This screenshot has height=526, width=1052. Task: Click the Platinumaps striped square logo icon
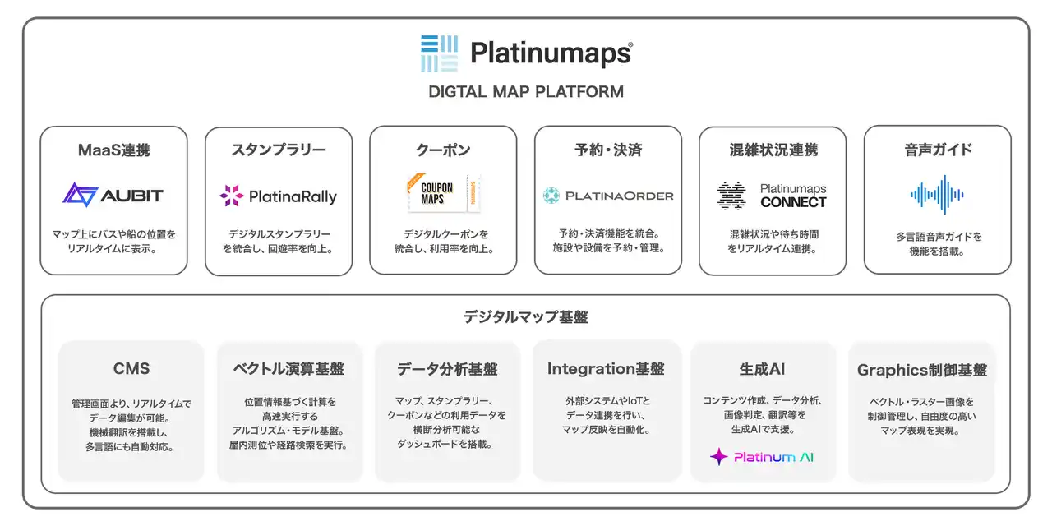439,53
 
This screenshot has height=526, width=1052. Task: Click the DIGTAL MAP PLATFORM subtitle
526,91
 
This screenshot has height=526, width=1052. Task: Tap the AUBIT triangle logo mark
80,195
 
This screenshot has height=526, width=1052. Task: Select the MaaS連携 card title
114,150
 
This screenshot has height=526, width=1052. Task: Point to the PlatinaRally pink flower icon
232,196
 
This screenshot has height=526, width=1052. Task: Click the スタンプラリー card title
279,150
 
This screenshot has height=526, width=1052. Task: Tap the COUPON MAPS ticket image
443,193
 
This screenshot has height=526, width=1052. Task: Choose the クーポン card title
443,150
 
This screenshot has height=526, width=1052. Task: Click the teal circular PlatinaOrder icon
551,196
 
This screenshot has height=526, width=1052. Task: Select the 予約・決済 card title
608,150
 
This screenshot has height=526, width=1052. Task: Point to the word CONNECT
793,202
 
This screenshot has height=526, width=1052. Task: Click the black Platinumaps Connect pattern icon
731,196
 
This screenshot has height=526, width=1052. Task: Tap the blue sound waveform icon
938,195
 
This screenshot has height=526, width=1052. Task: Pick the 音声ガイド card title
938,150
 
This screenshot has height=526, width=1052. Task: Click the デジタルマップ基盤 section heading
525,317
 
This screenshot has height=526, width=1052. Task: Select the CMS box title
131,369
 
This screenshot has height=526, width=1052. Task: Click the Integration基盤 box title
606,369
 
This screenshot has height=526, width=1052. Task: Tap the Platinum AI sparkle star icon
718,456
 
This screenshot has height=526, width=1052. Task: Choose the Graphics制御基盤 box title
922,370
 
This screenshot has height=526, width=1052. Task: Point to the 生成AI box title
762,369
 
